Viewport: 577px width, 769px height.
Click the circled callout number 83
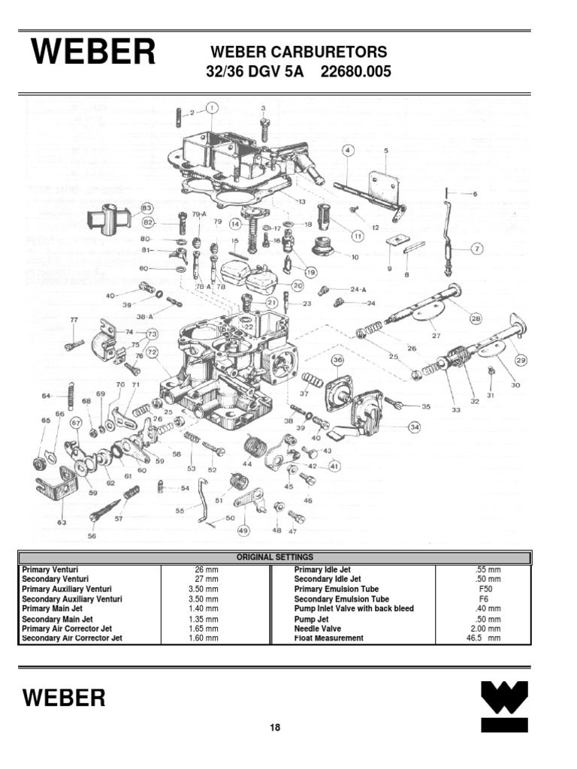coord(147,208)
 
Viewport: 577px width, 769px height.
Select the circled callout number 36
coord(337,360)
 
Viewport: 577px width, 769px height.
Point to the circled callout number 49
coord(243,531)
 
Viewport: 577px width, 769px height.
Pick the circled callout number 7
coord(476,249)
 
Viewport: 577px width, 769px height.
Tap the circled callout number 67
coord(76,424)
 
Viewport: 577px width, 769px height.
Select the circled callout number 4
coord(348,150)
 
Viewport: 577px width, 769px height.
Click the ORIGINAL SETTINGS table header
coord(275,557)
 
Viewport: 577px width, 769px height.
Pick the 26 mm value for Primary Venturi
coord(204,570)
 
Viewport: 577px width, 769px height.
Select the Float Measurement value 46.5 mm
coord(483,638)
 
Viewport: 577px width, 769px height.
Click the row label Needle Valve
coord(317,629)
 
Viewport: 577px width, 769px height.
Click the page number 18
coord(275,728)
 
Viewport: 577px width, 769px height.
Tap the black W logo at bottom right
coord(504,705)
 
